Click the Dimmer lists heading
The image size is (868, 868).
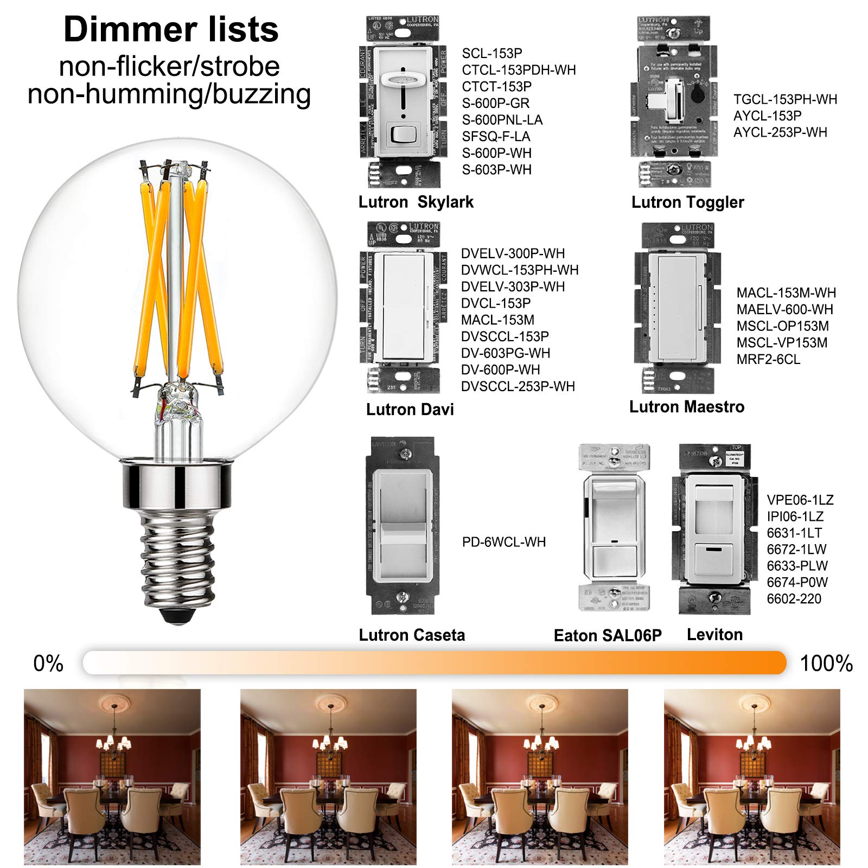point(171,29)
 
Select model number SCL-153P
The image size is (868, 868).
point(492,53)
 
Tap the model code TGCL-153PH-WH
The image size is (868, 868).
point(785,99)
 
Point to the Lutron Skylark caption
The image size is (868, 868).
point(416,202)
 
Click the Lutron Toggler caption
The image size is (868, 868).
point(687,202)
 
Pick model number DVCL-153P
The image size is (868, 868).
point(496,303)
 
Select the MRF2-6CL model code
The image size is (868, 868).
point(768,359)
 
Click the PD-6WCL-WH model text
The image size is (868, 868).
point(504,542)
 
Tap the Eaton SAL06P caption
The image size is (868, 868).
point(608,635)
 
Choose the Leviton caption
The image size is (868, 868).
point(714,635)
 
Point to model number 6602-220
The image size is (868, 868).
point(794,599)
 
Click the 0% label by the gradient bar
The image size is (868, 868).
point(48,663)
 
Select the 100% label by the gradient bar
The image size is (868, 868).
point(826,663)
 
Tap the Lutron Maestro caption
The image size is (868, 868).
point(687,407)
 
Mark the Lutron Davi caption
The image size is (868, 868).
point(410,410)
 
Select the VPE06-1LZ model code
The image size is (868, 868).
point(800,500)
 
